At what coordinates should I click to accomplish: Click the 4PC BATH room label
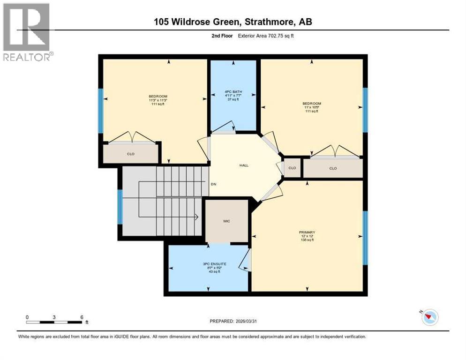tap(233, 91)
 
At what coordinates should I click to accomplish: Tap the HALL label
tap(244, 165)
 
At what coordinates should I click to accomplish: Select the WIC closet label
tap(226, 221)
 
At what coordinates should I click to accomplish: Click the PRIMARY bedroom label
tap(307, 232)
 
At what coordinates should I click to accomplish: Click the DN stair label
tap(213, 184)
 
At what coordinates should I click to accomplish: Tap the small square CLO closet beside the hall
tap(292, 168)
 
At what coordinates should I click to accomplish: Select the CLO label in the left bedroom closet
tap(131, 153)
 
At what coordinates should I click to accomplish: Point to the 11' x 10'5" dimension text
tap(312, 107)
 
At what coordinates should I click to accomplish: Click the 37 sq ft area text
tap(233, 99)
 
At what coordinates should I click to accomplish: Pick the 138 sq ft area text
tap(307, 240)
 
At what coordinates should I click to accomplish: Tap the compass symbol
tap(429, 317)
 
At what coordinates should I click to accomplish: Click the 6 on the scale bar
tap(82, 317)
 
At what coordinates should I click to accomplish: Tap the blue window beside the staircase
tap(120, 207)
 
